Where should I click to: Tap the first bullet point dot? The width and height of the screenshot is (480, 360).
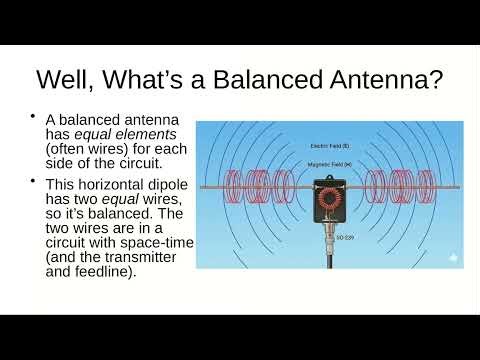(x=34, y=114)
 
